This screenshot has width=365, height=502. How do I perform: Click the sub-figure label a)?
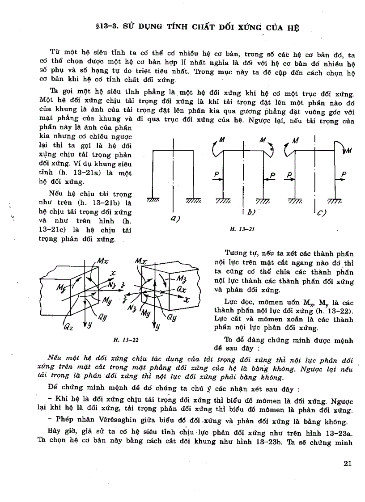pyautogui.click(x=174, y=219)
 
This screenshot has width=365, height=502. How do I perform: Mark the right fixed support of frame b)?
pyautogui.click(x=263, y=201)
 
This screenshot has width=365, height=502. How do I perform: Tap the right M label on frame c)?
pyautogui.click(x=348, y=151)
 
